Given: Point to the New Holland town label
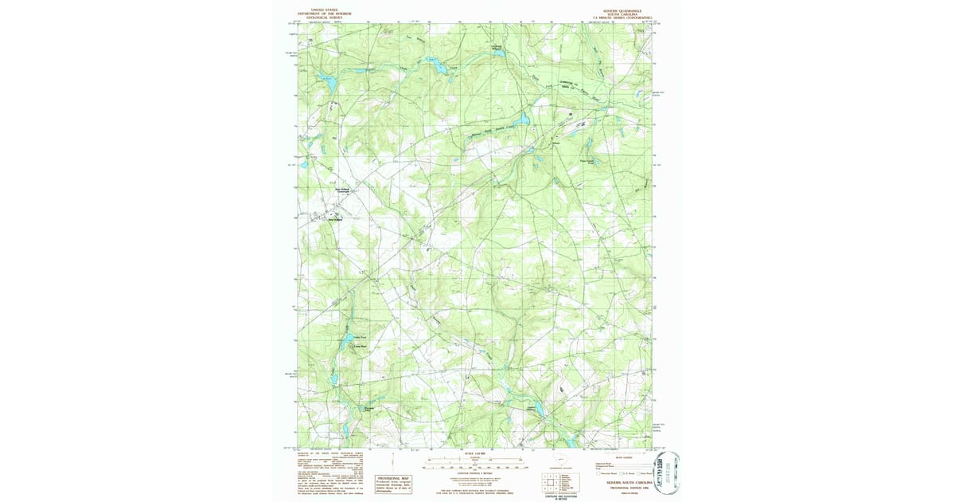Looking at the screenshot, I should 335,221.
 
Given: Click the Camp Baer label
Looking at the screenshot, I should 359,347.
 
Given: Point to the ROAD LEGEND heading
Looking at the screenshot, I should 622,457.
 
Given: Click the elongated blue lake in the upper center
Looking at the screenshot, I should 435,65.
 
